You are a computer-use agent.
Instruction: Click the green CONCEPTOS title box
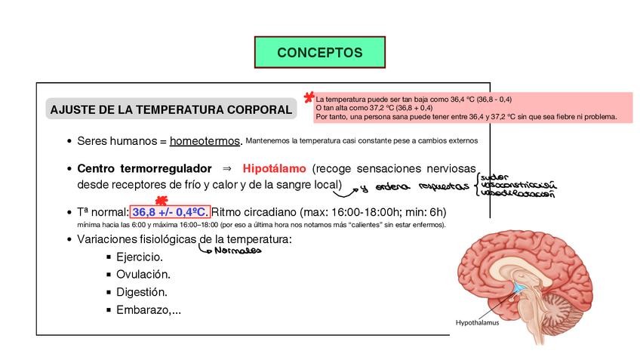tap(319, 53)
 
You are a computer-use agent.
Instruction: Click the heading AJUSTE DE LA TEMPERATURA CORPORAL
tap(171, 110)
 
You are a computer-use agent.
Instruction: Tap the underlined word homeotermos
tap(205, 141)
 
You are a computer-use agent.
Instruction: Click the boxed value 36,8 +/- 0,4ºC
tap(170, 212)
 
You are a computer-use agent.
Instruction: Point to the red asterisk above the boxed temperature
tap(160, 201)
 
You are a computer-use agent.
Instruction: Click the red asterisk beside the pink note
tap(308, 98)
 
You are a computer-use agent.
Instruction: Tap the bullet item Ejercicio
tap(140, 257)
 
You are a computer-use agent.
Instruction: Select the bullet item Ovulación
tap(143, 275)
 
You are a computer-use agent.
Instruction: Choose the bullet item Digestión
tap(142, 292)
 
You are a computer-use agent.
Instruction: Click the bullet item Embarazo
tap(148, 309)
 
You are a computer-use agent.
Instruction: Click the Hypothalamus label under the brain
tap(477, 322)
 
